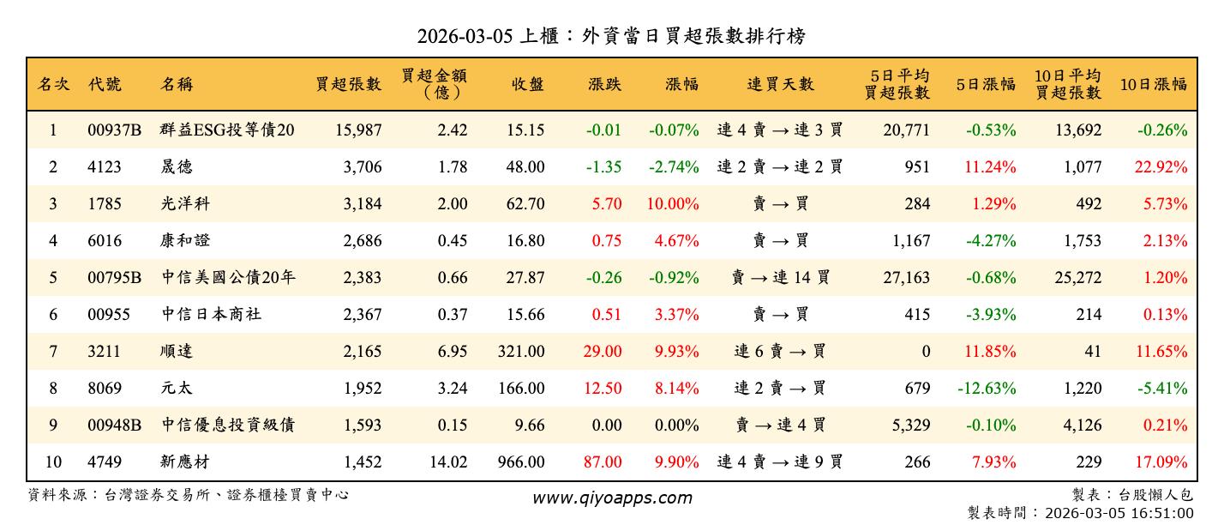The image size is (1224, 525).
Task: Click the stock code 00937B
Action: tap(114, 130)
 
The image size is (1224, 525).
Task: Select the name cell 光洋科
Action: tap(185, 204)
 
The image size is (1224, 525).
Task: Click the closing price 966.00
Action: tap(520, 462)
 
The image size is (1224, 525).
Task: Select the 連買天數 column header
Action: tap(780, 84)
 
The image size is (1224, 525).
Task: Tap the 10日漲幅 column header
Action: tap(1153, 84)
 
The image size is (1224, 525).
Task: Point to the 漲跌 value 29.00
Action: tap(603, 352)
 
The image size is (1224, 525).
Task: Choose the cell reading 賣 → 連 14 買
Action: tap(780, 278)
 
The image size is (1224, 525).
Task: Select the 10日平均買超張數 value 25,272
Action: tap(1076, 278)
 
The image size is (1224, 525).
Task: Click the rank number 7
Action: tap(53, 352)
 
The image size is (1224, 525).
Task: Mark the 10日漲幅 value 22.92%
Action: tap(1161, 167)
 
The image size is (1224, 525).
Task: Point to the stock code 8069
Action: tap(105, 389)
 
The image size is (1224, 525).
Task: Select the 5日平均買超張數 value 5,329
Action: tap(906, 425)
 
